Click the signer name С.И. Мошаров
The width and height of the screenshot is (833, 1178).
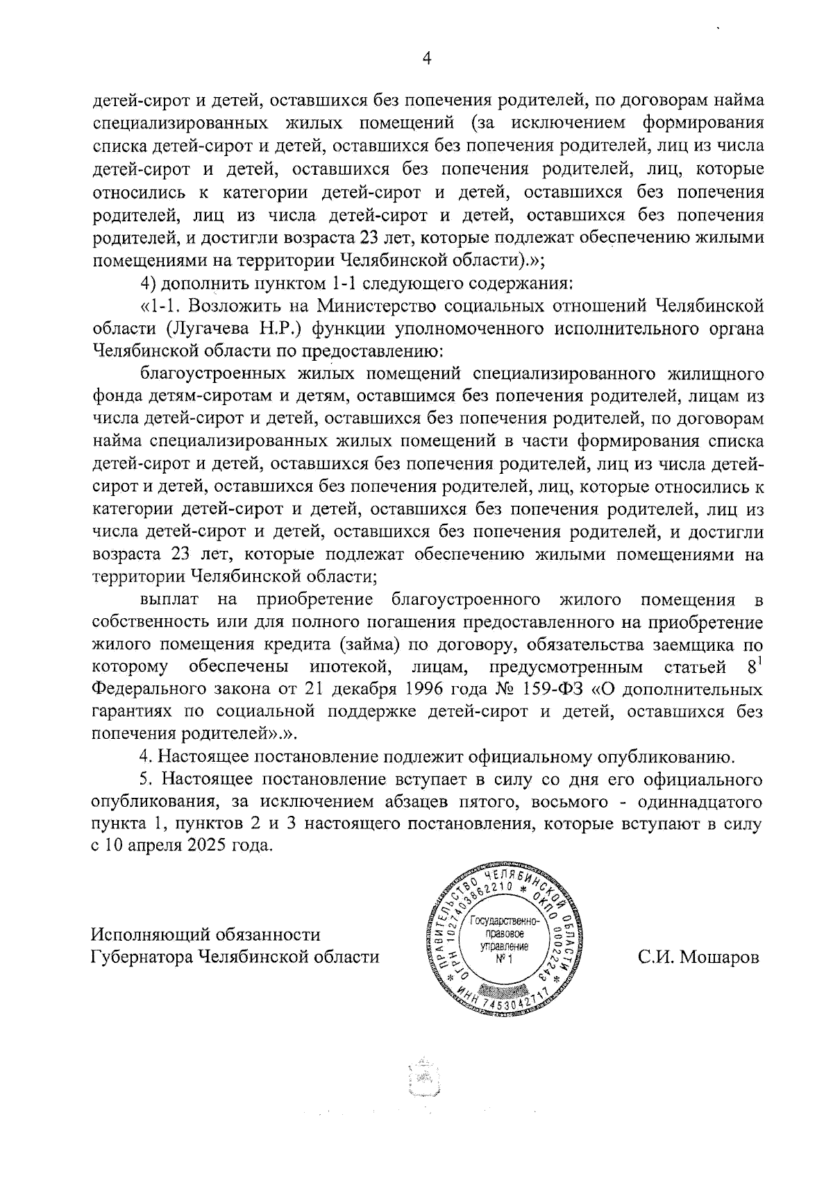point(698,957)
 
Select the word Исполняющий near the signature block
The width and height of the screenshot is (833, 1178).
point(149,934)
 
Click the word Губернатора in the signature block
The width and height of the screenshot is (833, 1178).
point(142,957)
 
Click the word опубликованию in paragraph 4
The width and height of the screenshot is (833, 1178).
point(638,756)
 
